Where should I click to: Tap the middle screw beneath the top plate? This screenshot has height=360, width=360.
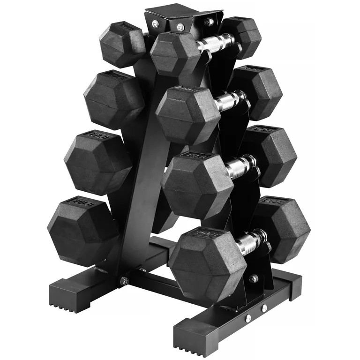click(180, 27)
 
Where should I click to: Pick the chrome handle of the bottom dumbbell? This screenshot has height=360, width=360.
click(251, 241)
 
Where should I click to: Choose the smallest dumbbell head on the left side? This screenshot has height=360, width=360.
click(121, 43)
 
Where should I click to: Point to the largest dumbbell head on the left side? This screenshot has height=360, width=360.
click(82, 230)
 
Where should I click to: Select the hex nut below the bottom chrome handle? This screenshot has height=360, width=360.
click(254, 279)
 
